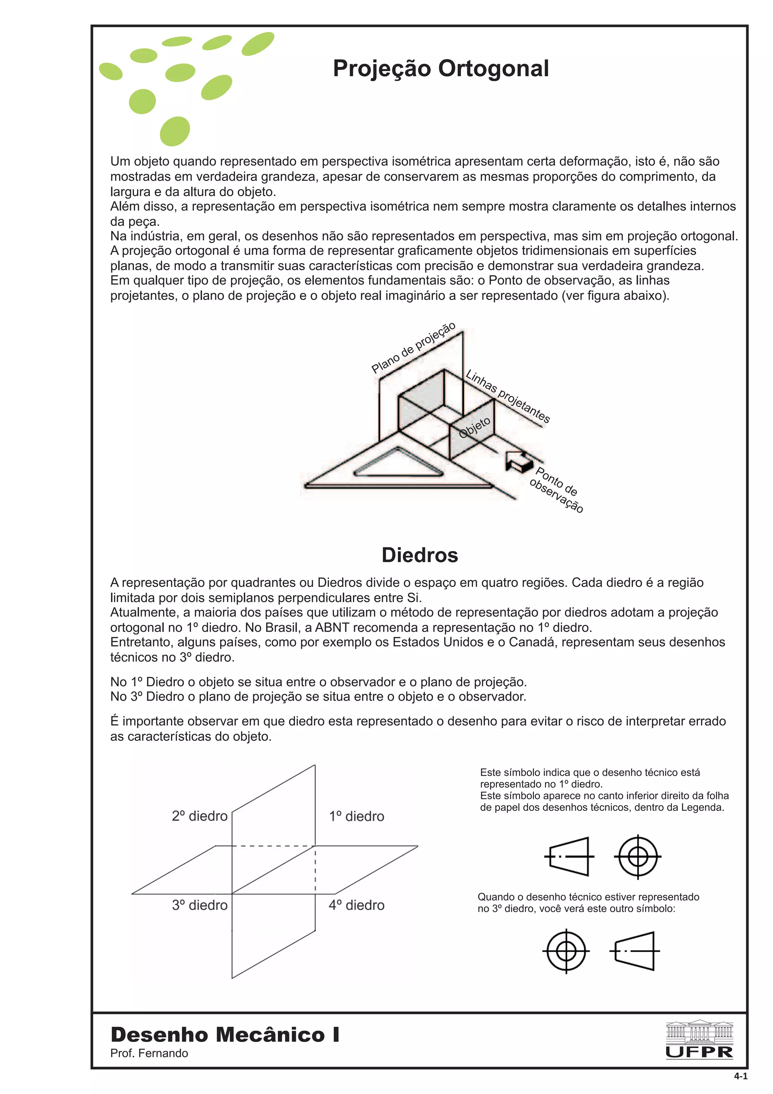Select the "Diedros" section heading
coord(420,555)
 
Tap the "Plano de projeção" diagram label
coord(413,348)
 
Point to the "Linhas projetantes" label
coord(508,396)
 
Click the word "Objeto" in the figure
coord(474,427)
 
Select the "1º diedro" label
coord(356,816)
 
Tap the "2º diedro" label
coord(200,816)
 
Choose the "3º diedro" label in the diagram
coord(200,905)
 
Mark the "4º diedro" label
coord(356,905)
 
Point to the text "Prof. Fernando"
coord(149,1053)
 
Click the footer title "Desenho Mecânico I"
coord(225,1034)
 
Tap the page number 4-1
coord(741,1076)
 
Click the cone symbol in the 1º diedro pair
coord(570,857)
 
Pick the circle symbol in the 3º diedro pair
coord(566,951)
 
